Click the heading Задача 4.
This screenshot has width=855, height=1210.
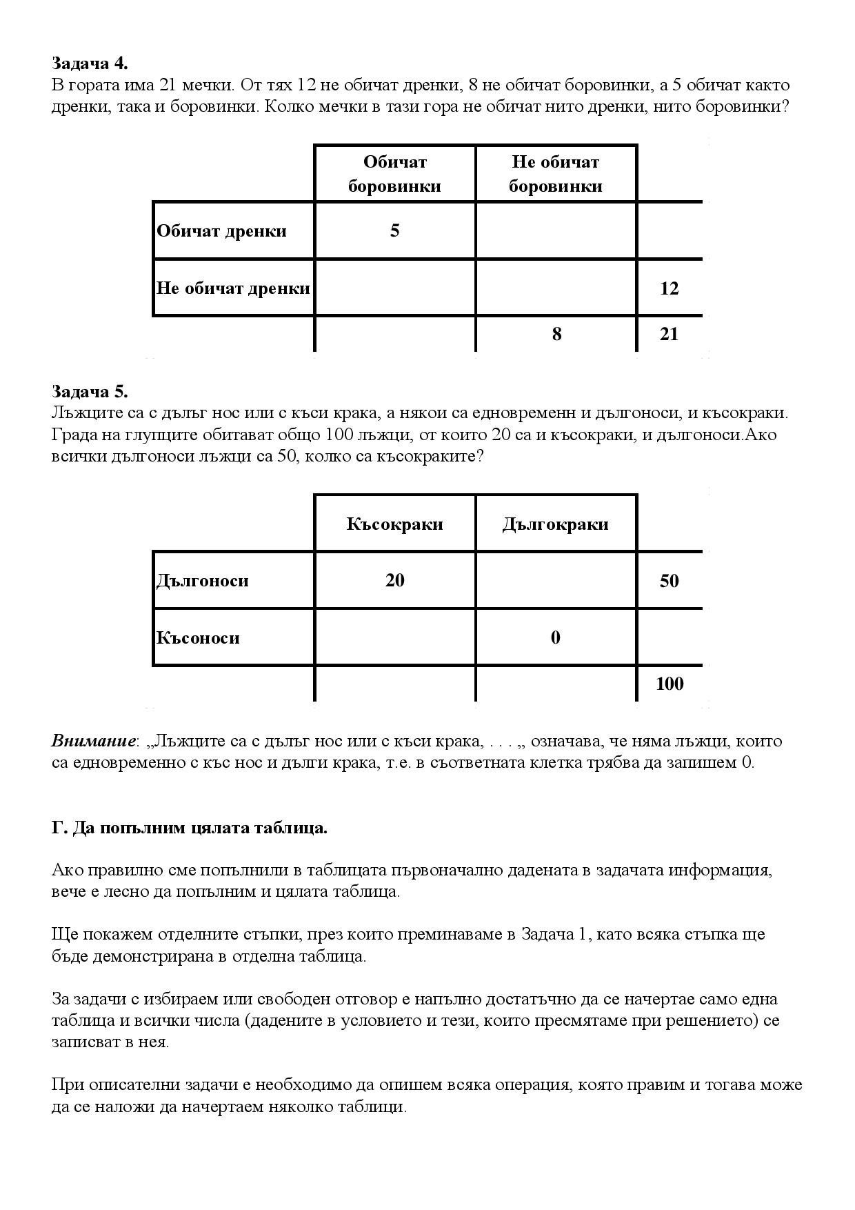(90, 63)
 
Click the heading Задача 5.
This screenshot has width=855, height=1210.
(90, 392)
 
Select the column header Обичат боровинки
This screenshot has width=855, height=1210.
(394, 174)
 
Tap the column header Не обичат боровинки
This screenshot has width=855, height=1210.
(555, 174)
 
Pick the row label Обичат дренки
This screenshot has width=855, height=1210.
(221, 231)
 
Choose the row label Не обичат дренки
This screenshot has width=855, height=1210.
(233, 288)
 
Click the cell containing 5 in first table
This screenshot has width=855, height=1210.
(394, 231)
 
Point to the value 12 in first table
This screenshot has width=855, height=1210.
(669, 288)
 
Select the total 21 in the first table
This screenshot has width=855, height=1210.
(669, 335)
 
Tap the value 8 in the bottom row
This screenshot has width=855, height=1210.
(556, 335)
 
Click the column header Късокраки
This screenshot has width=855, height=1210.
(394, 524)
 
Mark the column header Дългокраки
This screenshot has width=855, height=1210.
(555, 524)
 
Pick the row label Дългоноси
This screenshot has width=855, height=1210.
(203, 581)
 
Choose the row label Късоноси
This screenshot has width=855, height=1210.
(198, 638)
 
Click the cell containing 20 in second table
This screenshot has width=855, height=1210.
(394, 581)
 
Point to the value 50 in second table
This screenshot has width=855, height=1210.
(669, 581)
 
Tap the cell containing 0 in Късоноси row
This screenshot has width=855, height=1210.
(556, 638)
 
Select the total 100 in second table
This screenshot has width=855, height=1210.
(670, 684)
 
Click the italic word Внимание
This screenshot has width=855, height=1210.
(93, 742)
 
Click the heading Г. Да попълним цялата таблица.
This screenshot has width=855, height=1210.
(190, 828)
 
